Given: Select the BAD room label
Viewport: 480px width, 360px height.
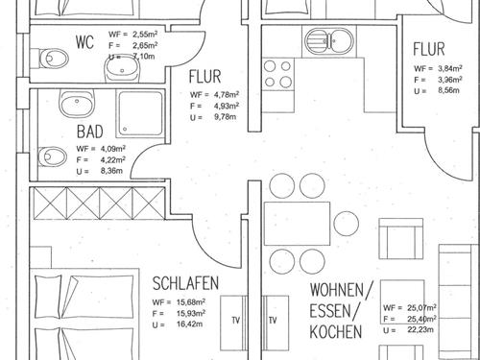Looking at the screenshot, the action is [x=89, y=133].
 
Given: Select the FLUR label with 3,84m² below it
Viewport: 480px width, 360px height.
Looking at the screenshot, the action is [x=428, y=50].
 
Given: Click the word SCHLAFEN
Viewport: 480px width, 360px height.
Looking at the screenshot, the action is [x=186, y=284].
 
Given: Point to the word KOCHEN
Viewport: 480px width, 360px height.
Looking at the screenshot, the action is [x=335, y=331].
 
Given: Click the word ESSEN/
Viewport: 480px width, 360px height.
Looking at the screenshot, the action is [x=337, y=310].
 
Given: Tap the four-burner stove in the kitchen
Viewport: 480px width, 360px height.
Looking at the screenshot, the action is [x=277, y=69].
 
